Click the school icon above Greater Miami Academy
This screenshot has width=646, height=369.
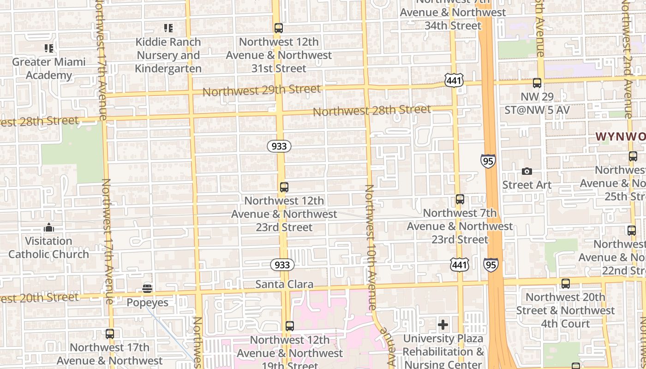(48, 48)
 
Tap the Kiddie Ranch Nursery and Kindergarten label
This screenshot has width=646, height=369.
(168, 55)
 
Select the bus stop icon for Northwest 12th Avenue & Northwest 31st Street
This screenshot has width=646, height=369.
(278, 28)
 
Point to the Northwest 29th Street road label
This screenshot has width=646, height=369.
(261, 90)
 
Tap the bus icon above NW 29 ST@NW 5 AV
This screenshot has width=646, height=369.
(537, 83)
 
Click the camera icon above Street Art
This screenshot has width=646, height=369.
(526, 172)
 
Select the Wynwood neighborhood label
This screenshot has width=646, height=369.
(620, 137)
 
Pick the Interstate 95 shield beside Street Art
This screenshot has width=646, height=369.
(488, 161)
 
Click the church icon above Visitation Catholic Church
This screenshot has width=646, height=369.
(48, 227)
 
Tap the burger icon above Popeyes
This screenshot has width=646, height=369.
(147, 289)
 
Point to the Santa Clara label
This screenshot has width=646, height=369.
(284, 284)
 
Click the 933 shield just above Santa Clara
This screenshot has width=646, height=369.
(282, 265)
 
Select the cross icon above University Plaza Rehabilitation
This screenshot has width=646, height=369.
(443, 325)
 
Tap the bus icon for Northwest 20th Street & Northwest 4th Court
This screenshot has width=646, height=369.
(565, 284)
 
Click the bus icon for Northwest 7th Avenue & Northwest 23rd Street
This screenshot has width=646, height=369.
(460, 199)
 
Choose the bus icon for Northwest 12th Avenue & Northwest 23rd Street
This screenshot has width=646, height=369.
(284, 187)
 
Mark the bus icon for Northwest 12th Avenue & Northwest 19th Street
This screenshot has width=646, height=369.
(289, 326)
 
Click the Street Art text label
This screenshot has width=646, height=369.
(526, 185)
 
